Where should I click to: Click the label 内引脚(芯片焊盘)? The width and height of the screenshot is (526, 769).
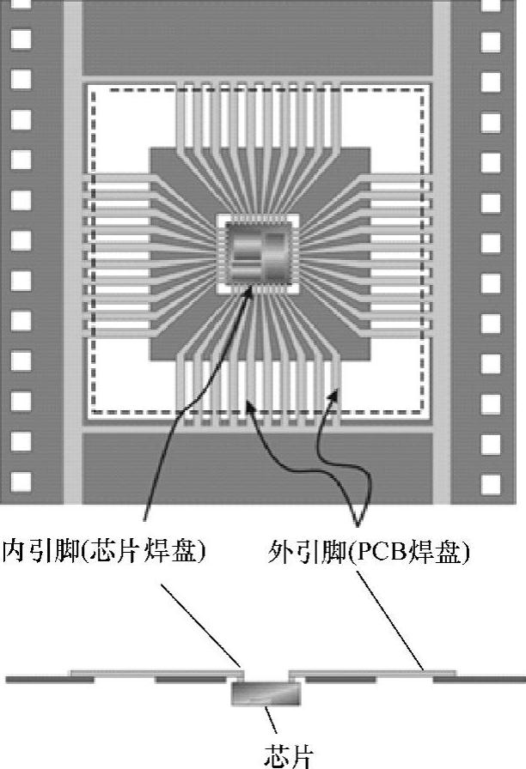click(x=104, y=550)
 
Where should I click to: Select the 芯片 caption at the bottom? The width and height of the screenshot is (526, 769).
click(x=283, y=755)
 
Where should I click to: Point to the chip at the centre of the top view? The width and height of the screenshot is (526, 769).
click(x=261, y=255)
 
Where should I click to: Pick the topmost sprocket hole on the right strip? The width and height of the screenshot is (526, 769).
click(x=491, y=39)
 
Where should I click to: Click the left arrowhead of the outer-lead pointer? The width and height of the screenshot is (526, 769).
click(x=249, y=400)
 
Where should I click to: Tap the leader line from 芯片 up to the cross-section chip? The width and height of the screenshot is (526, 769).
click(x=272, y=721)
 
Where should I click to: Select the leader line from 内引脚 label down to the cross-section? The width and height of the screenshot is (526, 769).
click(x=200, y=619)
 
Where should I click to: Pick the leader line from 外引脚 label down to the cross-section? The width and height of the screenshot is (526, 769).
click(x=391, y=619)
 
